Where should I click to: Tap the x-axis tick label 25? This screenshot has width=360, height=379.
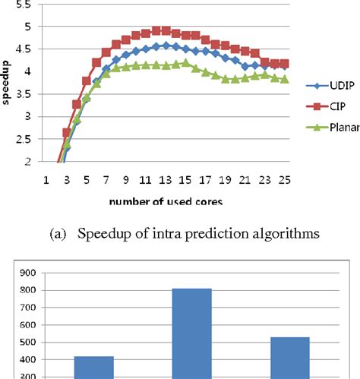click(284, 181)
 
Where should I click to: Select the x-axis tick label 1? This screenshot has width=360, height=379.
click(47, 181)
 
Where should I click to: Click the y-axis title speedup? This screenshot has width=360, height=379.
click(7, 81)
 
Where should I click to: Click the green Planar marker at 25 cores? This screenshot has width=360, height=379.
click(284, 79)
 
